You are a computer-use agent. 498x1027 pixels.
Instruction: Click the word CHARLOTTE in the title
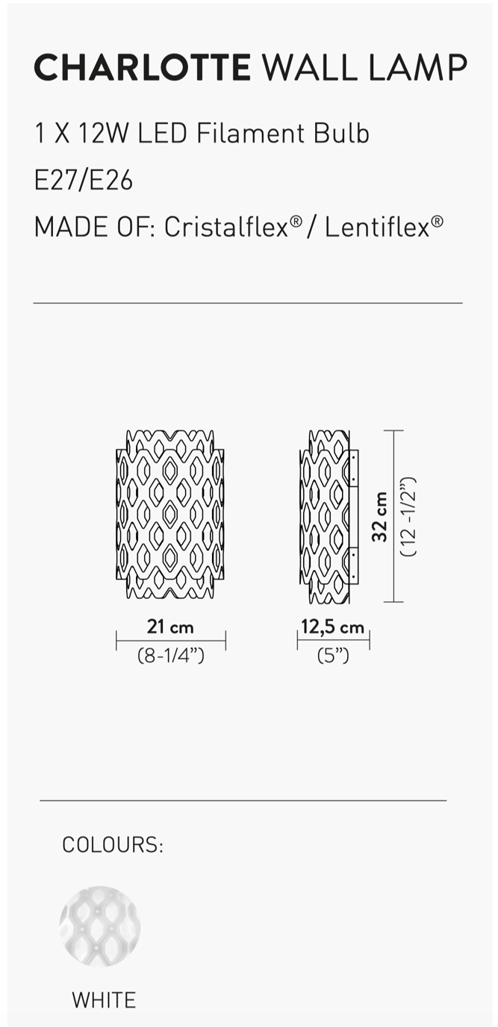143,67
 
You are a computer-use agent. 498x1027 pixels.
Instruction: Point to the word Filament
251,134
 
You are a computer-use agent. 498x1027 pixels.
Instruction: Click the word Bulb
341,134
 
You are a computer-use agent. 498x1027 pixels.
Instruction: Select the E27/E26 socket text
84,180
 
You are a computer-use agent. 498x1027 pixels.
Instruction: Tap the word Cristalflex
226,227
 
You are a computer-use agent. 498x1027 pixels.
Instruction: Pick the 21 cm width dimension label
170,626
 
